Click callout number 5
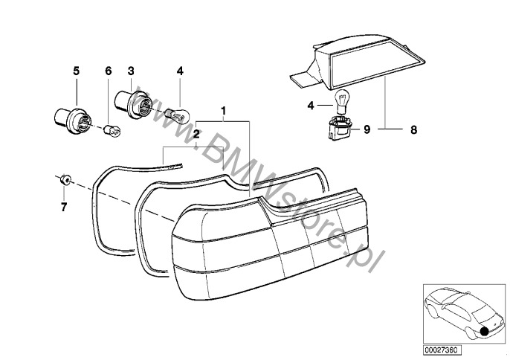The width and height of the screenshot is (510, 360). pyautogui.click(x=76, y=71)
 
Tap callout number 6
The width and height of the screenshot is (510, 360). pyautogui.click(x=109, y=71)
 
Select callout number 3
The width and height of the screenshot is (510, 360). pyautogui.click(x=131, y=71)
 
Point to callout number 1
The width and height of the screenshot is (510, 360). pyautogui.click(x=224, y=111)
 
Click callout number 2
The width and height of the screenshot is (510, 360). pyautogui.click(x=196, y=133)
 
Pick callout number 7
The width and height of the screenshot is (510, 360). pyautogui.click(x=64, y=207)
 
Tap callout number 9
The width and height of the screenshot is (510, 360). pyautogui.click(x=367, y=129)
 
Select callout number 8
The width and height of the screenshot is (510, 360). pyautogui.click(x=413, y=130)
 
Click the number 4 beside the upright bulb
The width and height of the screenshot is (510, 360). pyautogui.click(x=311, y=106)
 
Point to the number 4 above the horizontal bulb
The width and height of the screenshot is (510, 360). pyautogui.click(x=180, y=71)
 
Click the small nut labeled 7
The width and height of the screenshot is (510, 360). pyautogui.click(x=66, y=179)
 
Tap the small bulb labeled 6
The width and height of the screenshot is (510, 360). pyautogui.click(x=112, y=130)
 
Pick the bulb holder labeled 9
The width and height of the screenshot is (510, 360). pyautogui.click(x=340, y=129)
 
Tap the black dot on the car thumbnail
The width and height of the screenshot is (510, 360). pyautogui.click(x=485, y=331)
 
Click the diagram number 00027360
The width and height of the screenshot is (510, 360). pyautogui.click(x=442, y=350)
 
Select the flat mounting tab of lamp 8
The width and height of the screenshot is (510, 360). pyautogui.click(x=302, y=77)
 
